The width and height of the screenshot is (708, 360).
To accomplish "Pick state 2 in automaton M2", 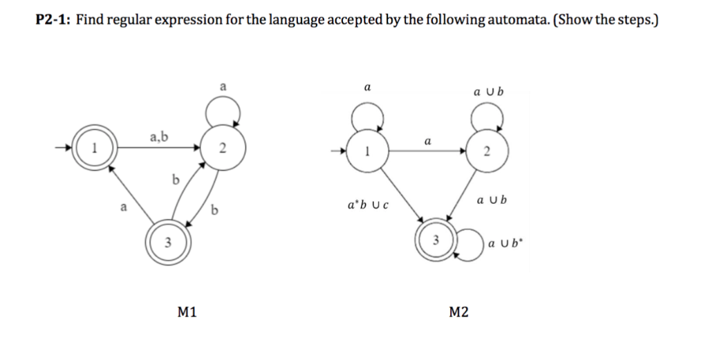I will (486, 152).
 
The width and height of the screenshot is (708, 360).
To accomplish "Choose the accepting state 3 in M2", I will (436, 240).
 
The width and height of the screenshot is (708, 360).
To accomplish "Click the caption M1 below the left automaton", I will (187, 312).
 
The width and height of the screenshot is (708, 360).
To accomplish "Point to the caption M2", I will (458, 312).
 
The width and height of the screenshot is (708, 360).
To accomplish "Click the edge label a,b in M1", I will (159, 137).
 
